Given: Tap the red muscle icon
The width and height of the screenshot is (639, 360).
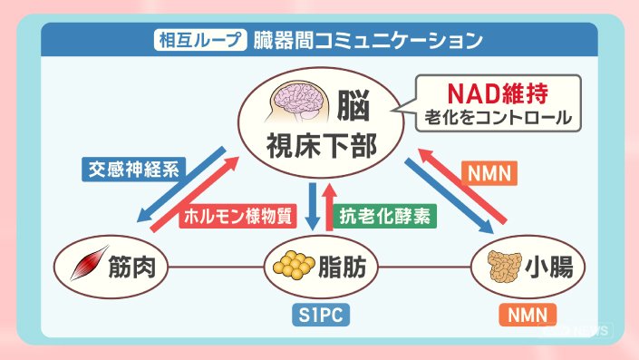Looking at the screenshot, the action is [x=89, y=263].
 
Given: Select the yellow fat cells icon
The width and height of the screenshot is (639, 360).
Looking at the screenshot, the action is [x=294, y=265].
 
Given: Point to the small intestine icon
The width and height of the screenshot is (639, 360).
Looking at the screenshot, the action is [x=505, y=267].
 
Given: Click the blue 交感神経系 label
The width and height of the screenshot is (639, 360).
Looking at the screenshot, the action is [x=133, y=170].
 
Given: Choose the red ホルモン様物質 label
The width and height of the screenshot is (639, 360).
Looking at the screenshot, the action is [x=237, y=216].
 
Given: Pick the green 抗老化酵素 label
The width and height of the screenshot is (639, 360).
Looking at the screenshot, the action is [x=385, y=216].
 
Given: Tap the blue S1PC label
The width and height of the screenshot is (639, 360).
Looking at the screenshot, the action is [x=321, y=315].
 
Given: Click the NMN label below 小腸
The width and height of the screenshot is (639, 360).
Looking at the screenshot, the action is [x=528, y=315].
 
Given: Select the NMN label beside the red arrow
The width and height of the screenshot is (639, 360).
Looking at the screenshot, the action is [x=489, y=173].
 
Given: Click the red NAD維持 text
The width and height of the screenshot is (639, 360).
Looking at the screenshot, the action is [x=498, y=93].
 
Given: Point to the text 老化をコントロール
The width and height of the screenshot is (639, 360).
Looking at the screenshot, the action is [x=498, y=118].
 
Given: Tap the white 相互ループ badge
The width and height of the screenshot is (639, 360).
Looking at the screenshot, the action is [x=200, y=40].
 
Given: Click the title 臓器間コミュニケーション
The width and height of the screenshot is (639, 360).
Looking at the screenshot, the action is [x=368, y=40].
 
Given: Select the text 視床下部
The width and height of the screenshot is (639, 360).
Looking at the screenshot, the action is [x=322, y=147].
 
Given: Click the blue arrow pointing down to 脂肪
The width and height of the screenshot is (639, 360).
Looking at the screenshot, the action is [x=313, y=207].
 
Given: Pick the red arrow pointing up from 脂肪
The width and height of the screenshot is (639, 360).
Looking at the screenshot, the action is [x=329, y=207].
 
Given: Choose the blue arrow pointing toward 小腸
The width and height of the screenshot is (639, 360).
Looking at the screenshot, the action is [x=449, y=196].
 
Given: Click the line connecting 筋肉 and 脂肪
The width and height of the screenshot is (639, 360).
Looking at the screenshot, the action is [x=216, y=268].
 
